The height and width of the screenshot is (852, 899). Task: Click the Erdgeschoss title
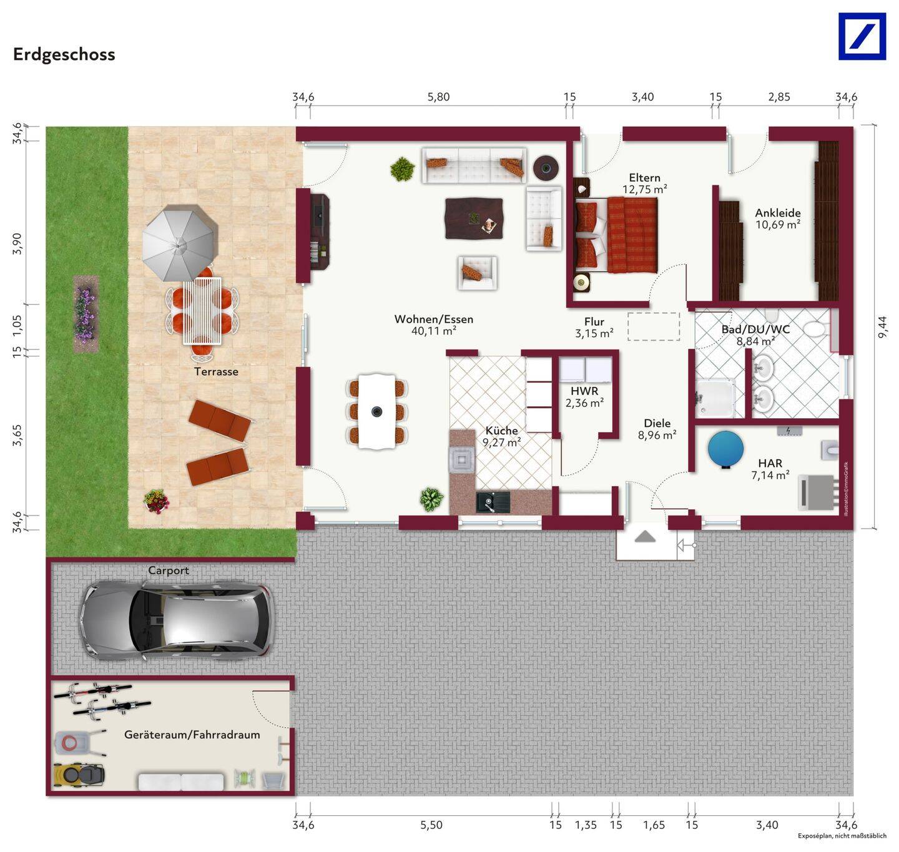click(64, 54)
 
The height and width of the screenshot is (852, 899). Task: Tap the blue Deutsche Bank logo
click(862, 37)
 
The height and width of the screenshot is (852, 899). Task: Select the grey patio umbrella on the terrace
click(179, 244)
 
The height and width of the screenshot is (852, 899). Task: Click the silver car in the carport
click(177, 620)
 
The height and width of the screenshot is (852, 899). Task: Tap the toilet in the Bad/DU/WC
click(814, 327)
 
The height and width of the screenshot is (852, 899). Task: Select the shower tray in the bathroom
click(717, 397)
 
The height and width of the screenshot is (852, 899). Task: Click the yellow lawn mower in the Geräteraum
click(79, 775)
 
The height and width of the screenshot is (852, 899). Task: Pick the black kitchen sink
click(493, 502)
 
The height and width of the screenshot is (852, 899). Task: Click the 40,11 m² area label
click(433, 331)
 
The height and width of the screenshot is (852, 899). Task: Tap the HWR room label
click(584, 391)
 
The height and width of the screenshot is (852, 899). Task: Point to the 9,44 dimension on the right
click(882, 327)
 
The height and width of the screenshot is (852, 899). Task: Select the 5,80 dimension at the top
click(438, 97)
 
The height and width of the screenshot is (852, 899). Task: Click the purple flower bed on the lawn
click(86, 314)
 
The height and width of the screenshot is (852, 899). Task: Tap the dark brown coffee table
click(474, 218)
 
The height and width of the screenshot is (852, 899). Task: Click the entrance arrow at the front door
click(645, 536)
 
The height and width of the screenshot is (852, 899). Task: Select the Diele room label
click(657, 423)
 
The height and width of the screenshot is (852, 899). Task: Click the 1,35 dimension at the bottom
click(586, 825)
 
